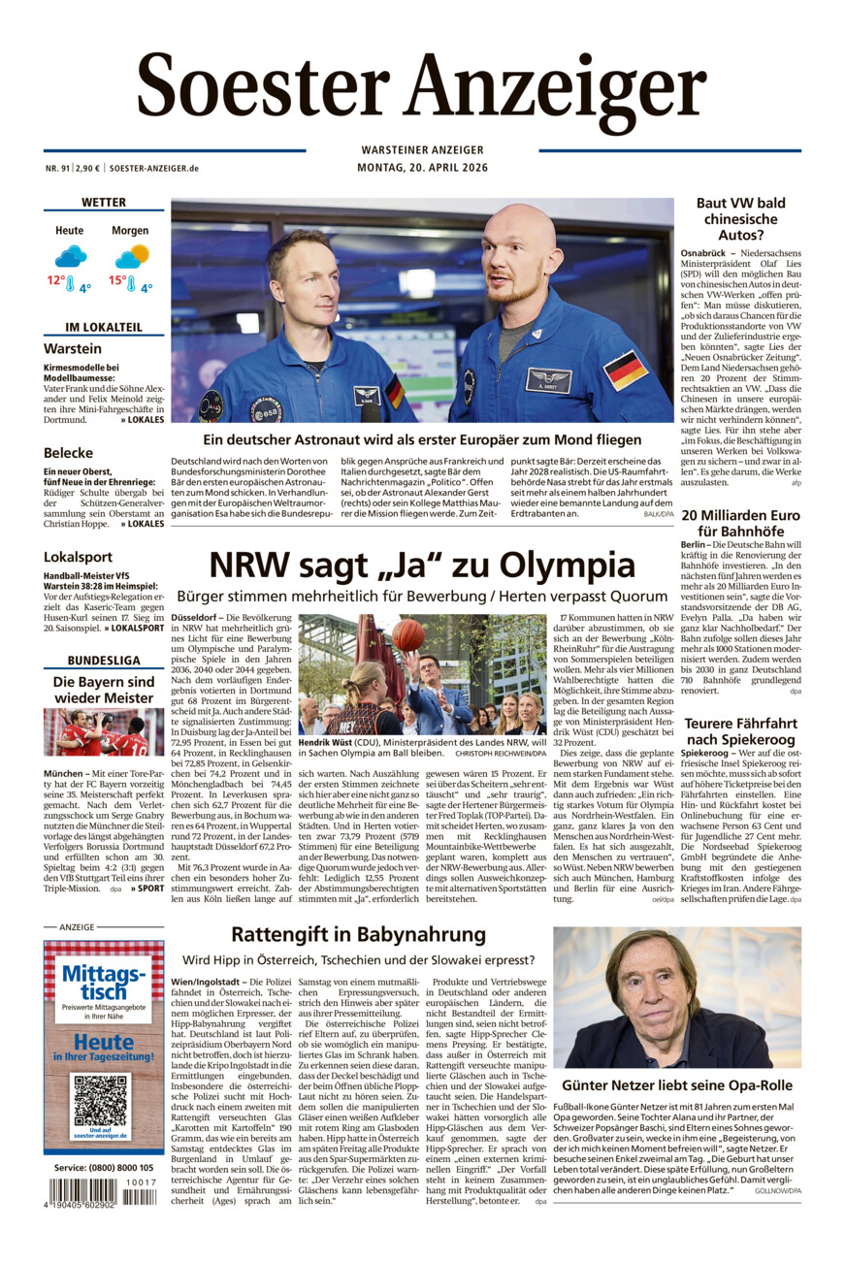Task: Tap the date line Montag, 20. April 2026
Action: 422,168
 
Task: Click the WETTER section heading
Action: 104,203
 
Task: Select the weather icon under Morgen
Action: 132,257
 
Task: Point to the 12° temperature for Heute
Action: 56,280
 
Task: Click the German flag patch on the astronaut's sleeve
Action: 625,370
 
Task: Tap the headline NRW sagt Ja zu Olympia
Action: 422,565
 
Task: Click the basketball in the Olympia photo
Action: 408,634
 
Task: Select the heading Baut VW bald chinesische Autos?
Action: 740,218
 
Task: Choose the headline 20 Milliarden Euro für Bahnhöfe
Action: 740,523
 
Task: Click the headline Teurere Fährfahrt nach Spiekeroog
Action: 740,731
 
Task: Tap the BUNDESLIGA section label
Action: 104,661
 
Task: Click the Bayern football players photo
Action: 104,731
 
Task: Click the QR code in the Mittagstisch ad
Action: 101,1099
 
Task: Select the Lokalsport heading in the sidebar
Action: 77,557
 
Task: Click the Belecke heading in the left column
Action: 68,452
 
